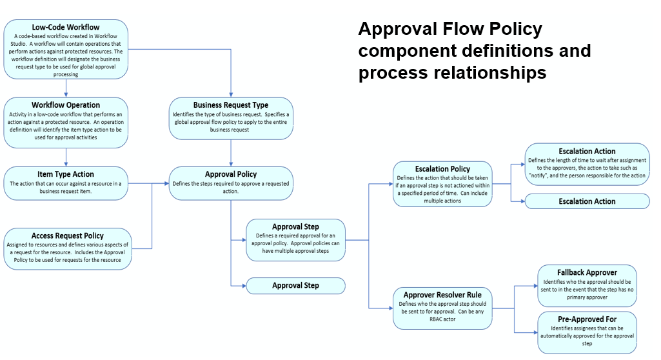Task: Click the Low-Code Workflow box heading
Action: coord(66,27)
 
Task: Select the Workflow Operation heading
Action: coord(66,105)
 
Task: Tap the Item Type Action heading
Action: coord(66,174)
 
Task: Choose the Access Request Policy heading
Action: coord(67,235)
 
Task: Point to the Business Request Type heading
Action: coord(231,105)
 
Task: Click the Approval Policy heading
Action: coord(231,174)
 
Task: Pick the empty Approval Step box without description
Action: coord(295,285)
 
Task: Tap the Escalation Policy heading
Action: coord(442,169)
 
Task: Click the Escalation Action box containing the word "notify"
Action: coord(587,164)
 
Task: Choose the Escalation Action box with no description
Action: coord(587,201)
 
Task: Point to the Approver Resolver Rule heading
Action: coord(442,295)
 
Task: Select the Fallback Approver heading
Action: coord(587,272)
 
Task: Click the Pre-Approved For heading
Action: coord(587,319)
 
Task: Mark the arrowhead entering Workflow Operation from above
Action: coord(66,94)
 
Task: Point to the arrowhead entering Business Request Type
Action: coord(231,94)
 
